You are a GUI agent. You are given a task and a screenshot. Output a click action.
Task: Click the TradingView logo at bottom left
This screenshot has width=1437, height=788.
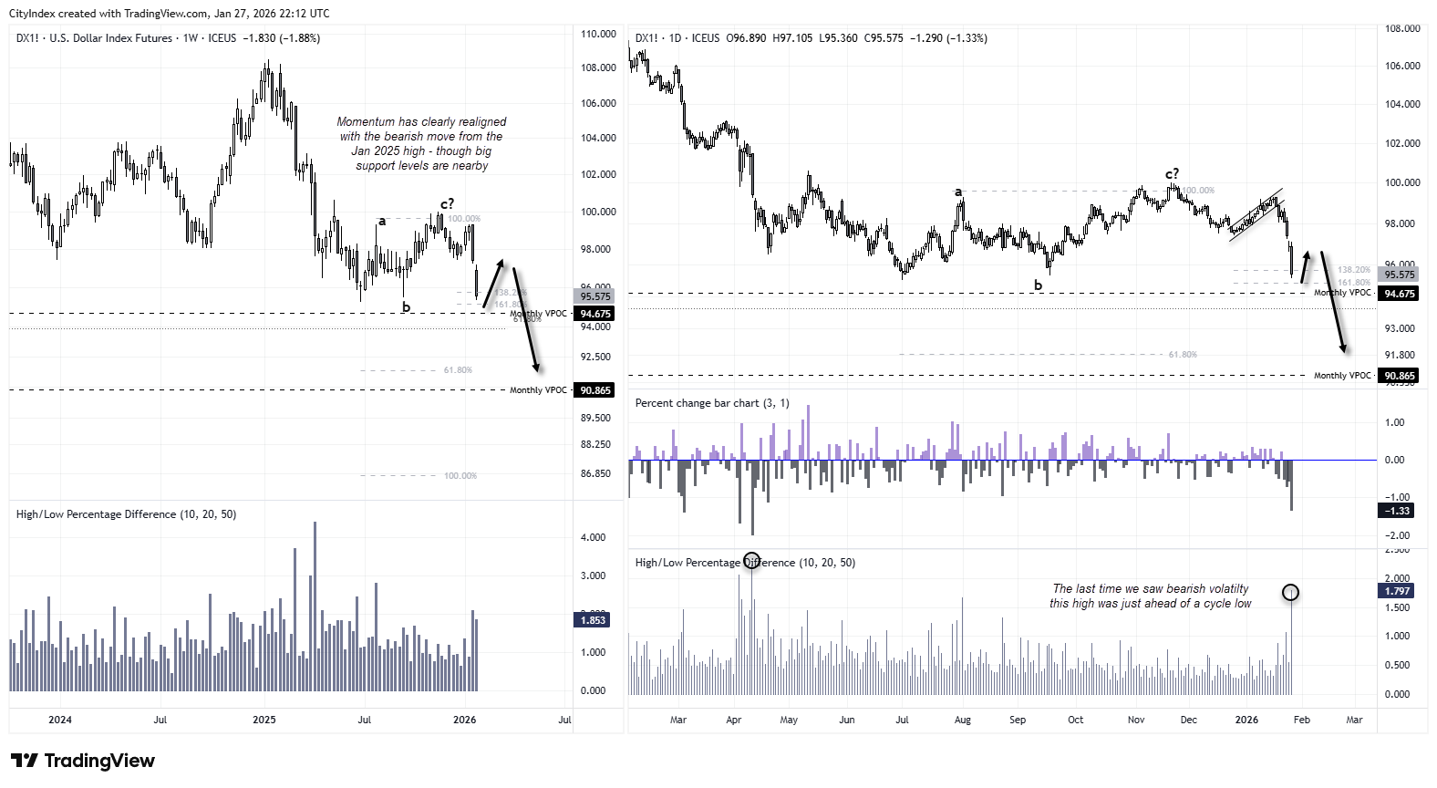[83, 761]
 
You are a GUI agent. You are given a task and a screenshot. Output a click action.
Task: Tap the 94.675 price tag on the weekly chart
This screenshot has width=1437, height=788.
[594, 314]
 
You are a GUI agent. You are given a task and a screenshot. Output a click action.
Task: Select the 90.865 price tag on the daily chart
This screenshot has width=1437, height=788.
[1399, 376]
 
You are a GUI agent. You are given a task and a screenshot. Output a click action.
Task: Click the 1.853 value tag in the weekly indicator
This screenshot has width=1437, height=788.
[593, 620]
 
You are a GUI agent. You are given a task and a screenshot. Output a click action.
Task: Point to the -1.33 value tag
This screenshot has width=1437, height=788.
[1397, 511]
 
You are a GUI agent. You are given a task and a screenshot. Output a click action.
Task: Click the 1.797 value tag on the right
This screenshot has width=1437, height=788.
[1397, 591]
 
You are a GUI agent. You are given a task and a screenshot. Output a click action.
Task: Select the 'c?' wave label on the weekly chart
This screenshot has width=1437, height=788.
[447, 203]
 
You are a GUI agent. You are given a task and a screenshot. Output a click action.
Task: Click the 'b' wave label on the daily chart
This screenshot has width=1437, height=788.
[1038, 285]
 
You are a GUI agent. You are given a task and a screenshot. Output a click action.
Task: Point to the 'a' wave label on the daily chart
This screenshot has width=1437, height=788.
[958, 192]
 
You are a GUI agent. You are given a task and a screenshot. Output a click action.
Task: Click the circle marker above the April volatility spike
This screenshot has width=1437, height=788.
[751, 560]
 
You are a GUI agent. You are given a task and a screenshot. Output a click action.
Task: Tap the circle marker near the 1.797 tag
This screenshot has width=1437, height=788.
[1290, 593]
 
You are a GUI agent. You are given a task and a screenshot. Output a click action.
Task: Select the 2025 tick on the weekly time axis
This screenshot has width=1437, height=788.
[264, 720]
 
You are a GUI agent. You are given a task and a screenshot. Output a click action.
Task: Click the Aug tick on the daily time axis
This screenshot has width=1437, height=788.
[962, 720]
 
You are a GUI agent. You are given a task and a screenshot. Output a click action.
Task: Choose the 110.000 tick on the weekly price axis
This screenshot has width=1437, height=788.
[598, 34]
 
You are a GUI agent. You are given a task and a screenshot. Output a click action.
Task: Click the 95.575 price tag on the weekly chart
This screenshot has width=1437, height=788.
[594, 296]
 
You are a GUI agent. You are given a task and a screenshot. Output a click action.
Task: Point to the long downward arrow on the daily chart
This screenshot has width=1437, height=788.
[1332, 301]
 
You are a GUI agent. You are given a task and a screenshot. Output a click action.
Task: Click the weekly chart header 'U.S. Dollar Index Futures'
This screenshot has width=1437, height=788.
[110, 38]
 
